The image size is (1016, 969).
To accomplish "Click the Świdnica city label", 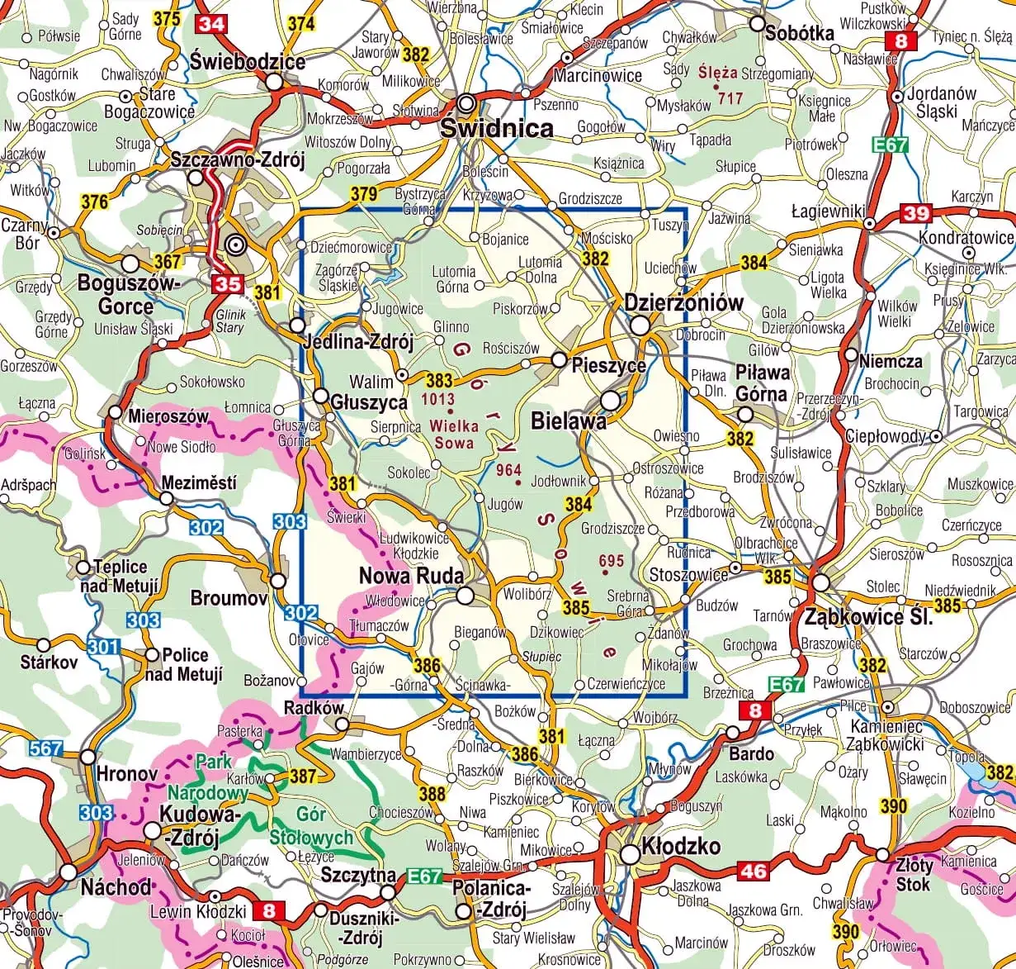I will point(496,128).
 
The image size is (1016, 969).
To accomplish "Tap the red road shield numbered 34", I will point(211,23).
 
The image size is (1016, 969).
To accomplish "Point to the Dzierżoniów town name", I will point(683,302).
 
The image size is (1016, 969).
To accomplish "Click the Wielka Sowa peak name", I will point(454,435).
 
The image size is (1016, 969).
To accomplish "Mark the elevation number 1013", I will point(437,398).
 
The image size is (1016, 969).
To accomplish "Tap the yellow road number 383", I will point(439,379).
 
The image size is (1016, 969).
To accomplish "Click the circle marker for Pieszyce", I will point(559,360).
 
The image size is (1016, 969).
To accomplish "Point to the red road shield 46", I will point(753,871).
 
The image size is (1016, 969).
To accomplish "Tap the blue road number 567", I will point(45,749).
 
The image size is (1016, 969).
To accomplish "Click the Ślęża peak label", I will point(716,72).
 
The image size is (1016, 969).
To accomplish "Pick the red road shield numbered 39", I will point(915,213).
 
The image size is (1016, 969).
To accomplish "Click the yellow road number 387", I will point(303,776).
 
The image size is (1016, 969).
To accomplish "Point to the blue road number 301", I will point(104,645).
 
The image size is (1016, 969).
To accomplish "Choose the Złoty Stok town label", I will point(914,874).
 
